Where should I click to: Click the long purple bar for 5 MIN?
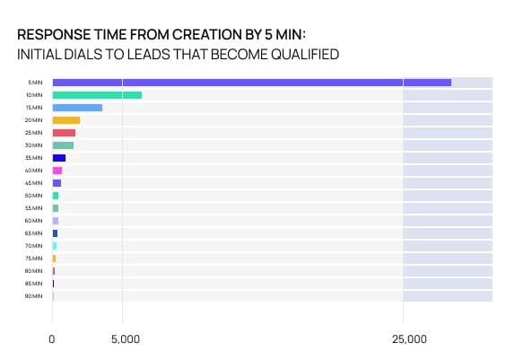pyautogui.click(x=251, y=83)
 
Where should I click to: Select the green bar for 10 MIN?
pyautogui.click(x=97, y=95)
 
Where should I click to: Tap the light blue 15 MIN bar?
pyautogui.click(x=77, y=108)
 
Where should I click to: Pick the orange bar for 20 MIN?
pyautogui.click(x=66, y=120)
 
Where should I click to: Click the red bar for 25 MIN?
pyautogui.click(x=64, y=133)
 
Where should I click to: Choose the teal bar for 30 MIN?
pyautogui.click(x=63, y=145)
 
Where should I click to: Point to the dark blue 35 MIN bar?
pyautogui.click(x=59, y=158)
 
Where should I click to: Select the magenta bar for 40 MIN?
pyautogui.click(x=57, y=171)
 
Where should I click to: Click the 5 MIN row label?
pyautogui.click(x=36, y=83)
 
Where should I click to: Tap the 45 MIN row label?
pyautogui.click(x=34, y=183)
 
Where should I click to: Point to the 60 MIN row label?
pyautogui.click(x=34, y=221)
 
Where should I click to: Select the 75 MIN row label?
pyautogui.click(x=34, y=259)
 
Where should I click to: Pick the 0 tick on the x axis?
pyautogui.click(x=53, y=340)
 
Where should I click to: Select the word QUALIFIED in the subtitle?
pyautogui.click(x=301, y=55)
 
